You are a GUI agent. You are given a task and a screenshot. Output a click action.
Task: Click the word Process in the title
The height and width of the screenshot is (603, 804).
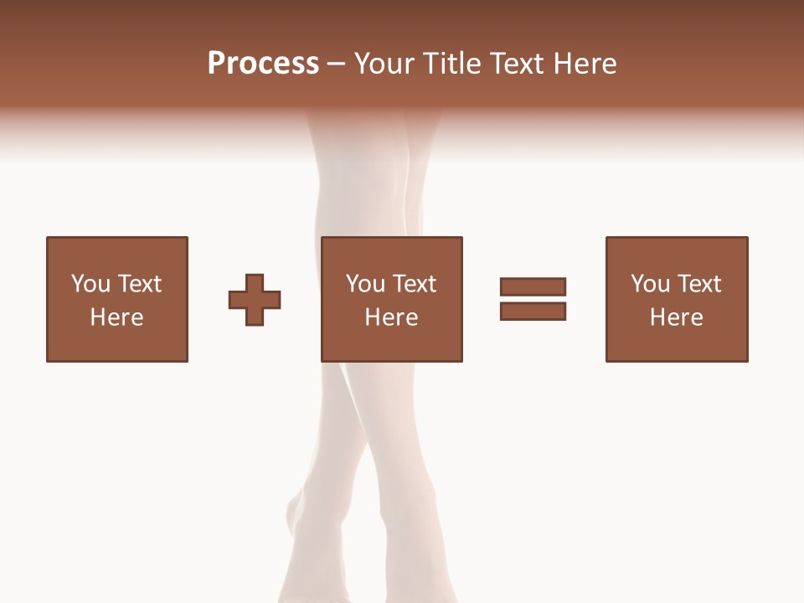pyautogui.click(x=263, y=64)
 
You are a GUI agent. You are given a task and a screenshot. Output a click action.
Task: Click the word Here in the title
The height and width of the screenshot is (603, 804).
pyautogui.click(x=585, y=64)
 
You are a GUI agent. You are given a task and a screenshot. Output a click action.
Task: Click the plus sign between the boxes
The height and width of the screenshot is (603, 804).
pyautogui.click(x=255, y=300)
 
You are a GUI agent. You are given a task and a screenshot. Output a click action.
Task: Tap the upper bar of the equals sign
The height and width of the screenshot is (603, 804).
pyautogui.click(x=533, y=286)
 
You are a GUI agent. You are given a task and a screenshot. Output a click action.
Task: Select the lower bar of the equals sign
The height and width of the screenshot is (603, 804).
pyautogui.click(x=533, y=311)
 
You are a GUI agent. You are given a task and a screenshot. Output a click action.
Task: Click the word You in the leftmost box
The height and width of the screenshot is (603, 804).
pyautogui.click(x=90, y=284)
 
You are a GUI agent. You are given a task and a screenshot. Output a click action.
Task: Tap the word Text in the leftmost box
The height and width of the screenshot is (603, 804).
pyautogui.click(x=139, y=284)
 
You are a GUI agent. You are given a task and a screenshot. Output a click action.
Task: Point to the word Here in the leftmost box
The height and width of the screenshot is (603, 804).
pyautogui.click(x=116, y=317)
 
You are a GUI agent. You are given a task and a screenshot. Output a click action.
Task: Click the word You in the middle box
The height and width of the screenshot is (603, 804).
pyautogui.click(x=365, y=284)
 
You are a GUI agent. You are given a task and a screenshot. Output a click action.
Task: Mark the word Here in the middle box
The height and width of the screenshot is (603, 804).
pyautogui.click(x=391, y=317)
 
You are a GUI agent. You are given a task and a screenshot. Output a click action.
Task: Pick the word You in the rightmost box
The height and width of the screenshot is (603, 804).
pyautogui.click(x=650, y=284)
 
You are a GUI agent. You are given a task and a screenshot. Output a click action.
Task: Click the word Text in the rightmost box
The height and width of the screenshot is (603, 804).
pyautogui.click(x=698, y=284)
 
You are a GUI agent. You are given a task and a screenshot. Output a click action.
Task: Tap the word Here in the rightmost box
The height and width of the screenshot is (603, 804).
pyautogui.click(x=676, y=317)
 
